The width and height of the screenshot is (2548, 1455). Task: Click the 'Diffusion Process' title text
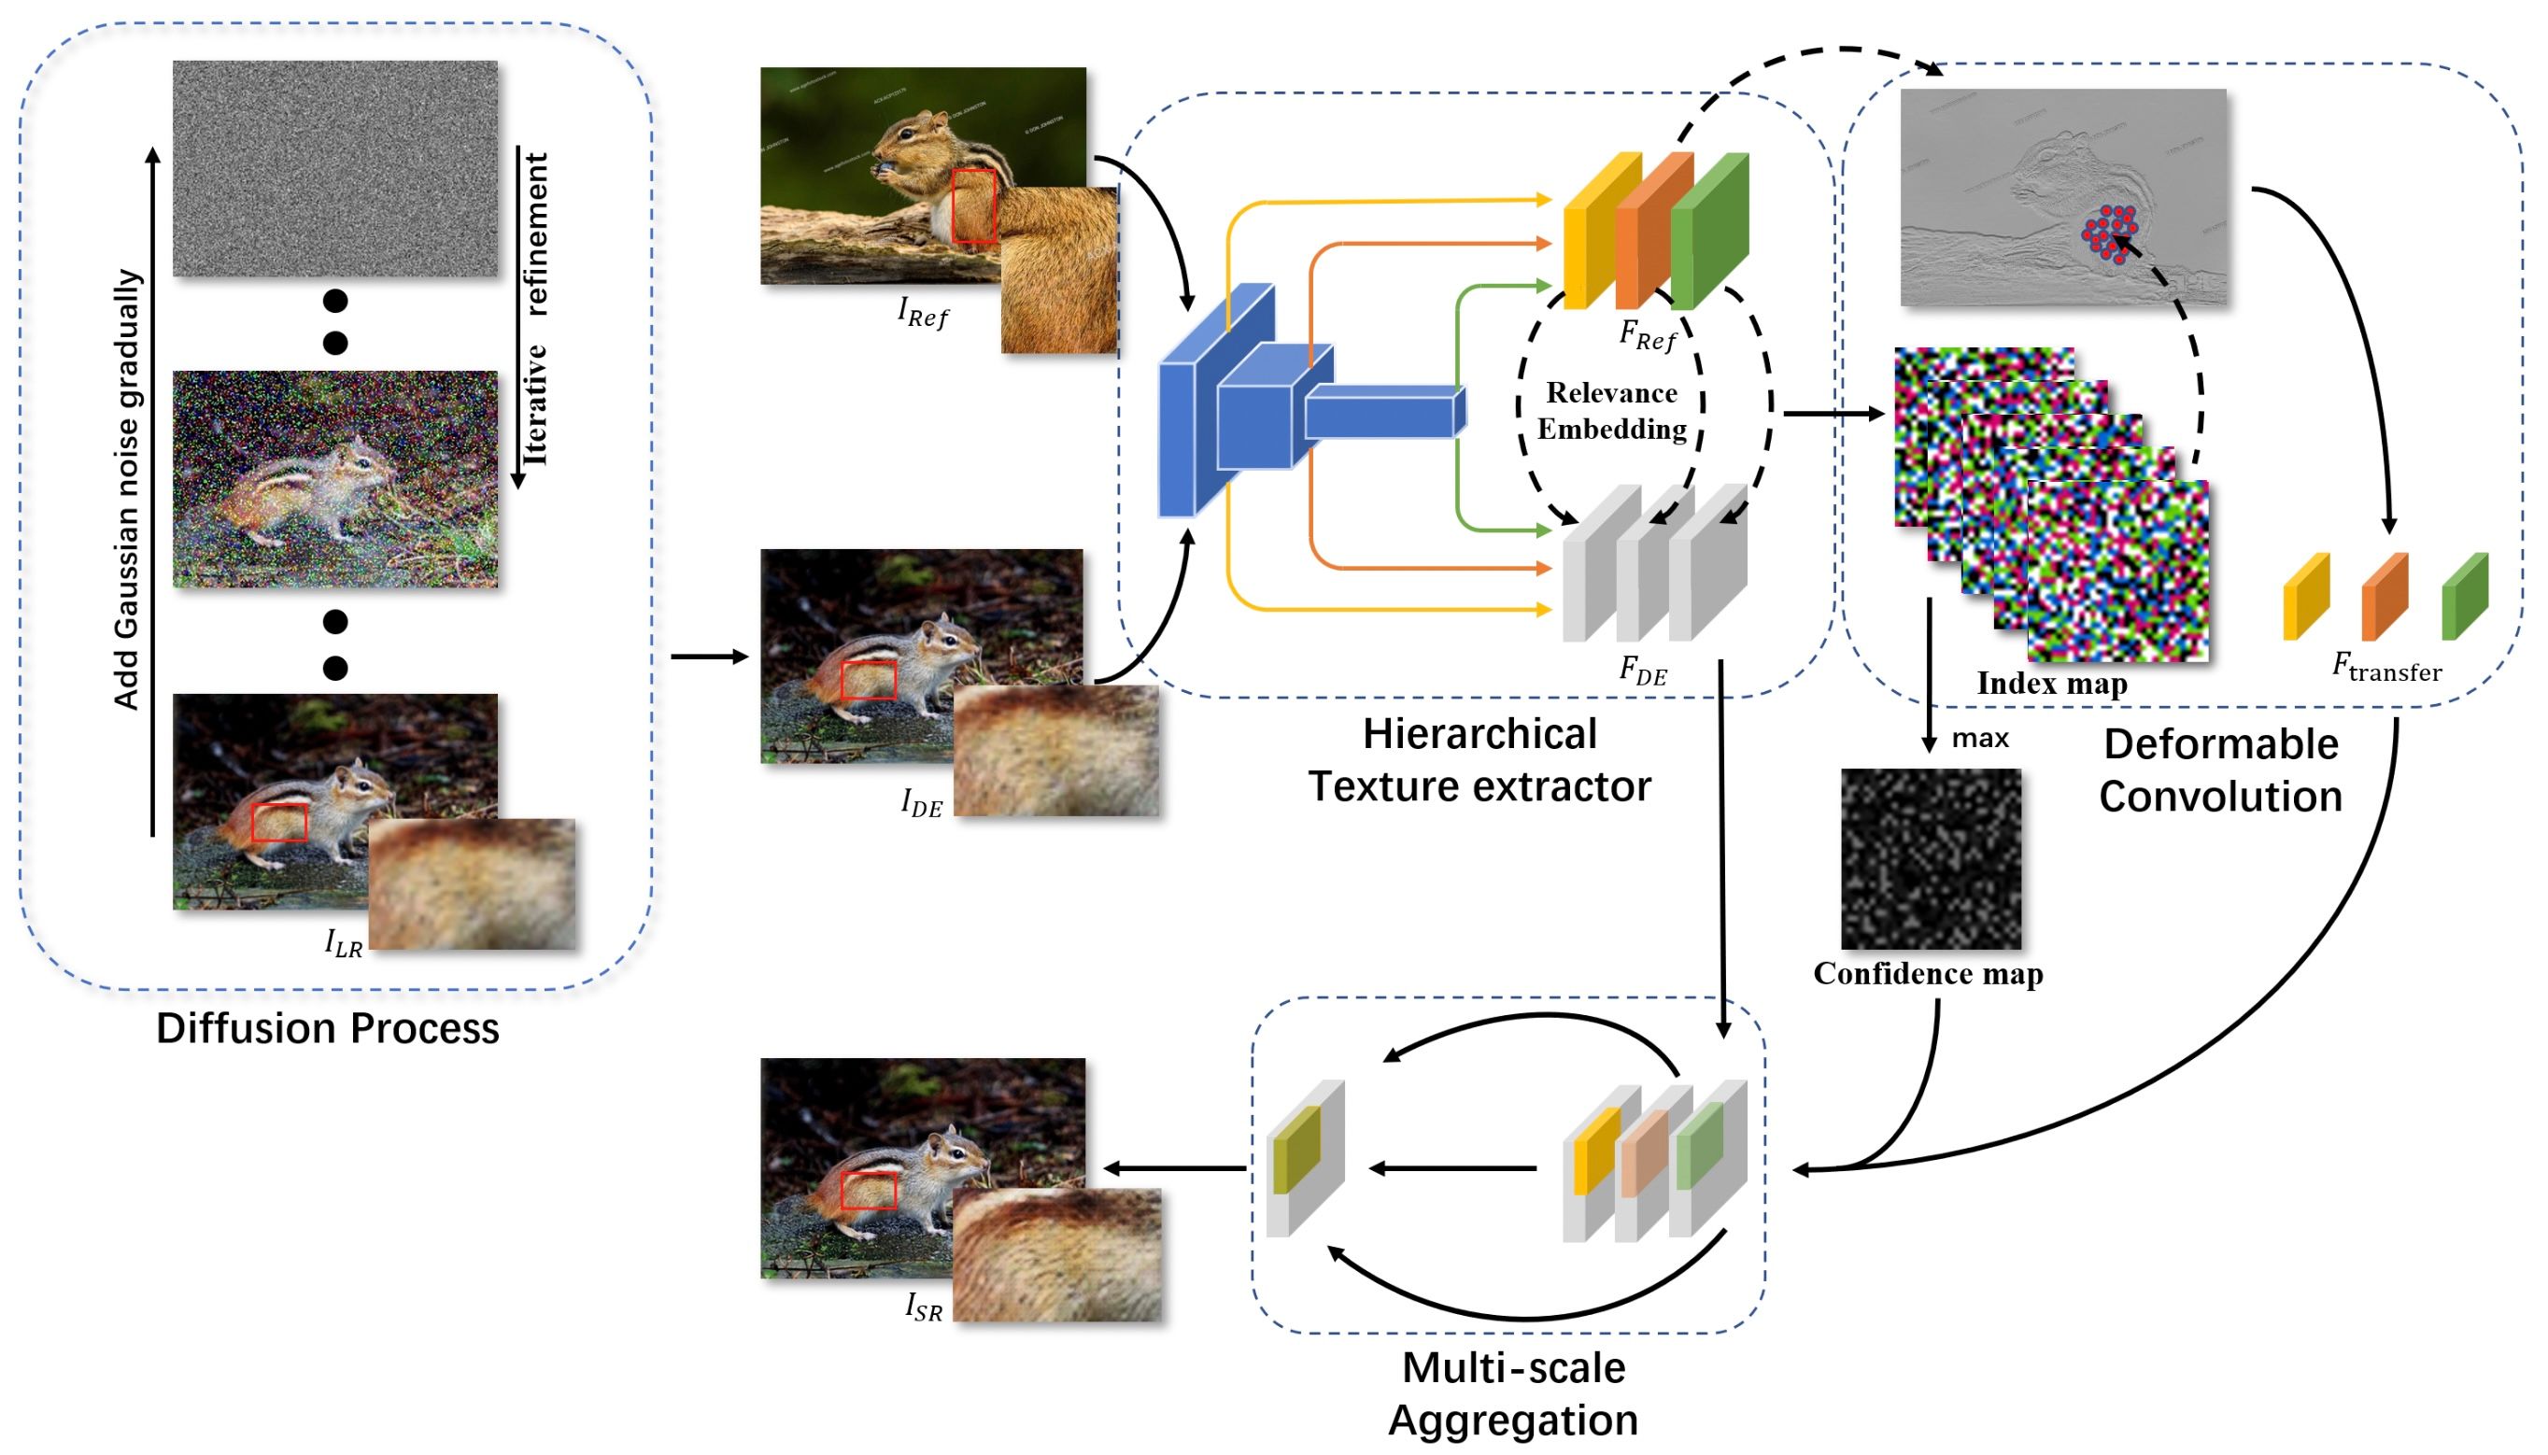327,1028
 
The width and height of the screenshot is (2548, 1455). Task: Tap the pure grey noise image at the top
334,168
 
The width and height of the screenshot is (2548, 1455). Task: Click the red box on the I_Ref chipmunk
972,205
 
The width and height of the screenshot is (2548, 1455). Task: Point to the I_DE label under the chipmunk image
921,802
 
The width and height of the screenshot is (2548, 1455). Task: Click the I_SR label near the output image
923,1307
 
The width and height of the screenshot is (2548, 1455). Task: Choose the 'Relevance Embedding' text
1611,411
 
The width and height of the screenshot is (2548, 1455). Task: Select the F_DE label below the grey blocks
1643,671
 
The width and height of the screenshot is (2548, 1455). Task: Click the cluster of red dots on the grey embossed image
2108,233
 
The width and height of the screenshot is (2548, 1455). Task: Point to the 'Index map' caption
2050,684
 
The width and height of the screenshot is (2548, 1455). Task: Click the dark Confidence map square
1930,858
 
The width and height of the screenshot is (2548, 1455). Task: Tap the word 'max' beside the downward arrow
1978,739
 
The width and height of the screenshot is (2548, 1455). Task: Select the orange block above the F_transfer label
2383,597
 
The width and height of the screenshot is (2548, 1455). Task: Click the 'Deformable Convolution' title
2219,770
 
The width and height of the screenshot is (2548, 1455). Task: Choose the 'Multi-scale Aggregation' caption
1513,1393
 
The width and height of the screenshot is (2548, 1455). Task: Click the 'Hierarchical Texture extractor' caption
1478,760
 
